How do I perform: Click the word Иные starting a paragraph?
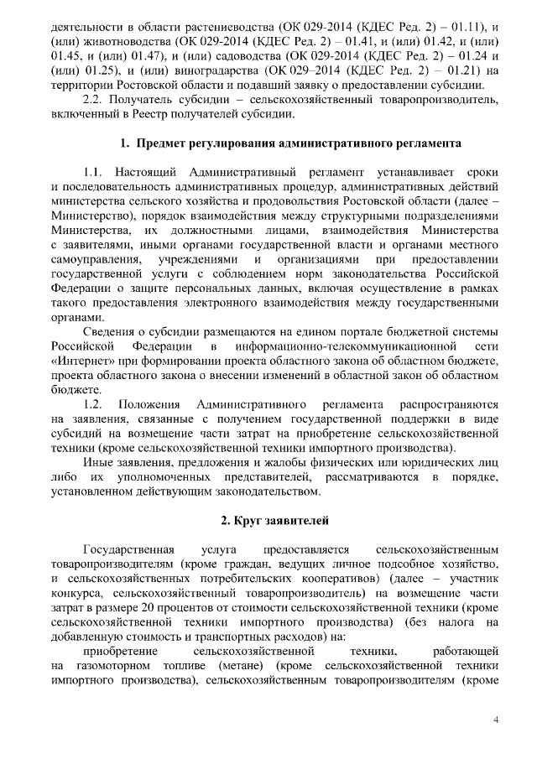coord(98,460)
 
